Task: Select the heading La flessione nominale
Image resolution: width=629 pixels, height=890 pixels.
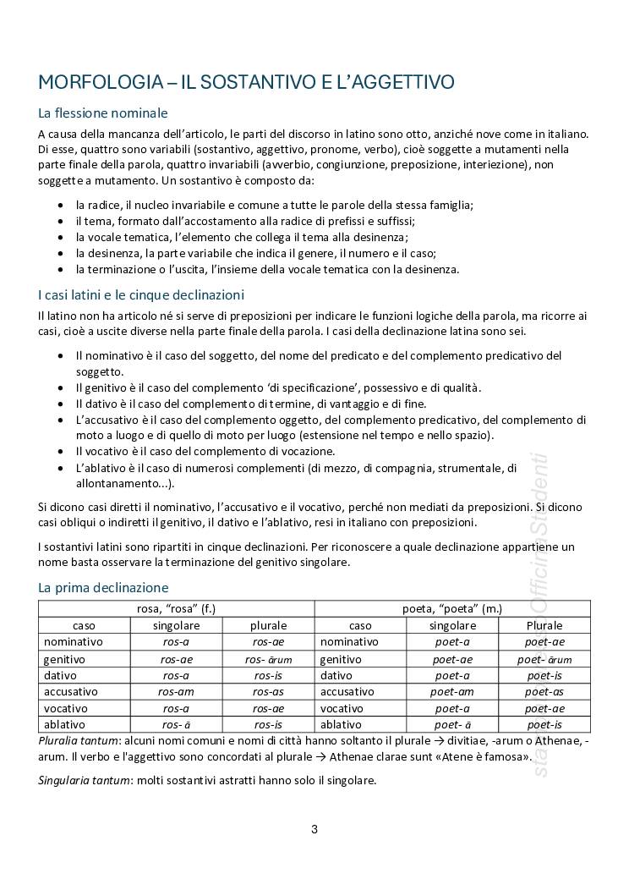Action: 103,113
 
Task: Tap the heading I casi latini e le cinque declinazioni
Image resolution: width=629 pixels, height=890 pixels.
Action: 141,295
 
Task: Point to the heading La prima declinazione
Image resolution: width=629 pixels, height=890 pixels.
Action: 103,587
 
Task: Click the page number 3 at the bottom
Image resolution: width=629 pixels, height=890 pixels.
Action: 314,829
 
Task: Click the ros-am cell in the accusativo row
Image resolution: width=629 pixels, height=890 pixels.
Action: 176,692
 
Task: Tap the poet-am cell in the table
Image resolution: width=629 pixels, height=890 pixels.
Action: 452,692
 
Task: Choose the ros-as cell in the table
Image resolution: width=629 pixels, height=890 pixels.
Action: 268,692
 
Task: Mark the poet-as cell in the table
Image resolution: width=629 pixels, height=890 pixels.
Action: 544,692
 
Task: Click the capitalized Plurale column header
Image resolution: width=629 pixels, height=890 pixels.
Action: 544,626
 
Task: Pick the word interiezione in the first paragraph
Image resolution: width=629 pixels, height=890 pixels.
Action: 489,166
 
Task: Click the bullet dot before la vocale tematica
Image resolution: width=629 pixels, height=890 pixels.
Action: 59,238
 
